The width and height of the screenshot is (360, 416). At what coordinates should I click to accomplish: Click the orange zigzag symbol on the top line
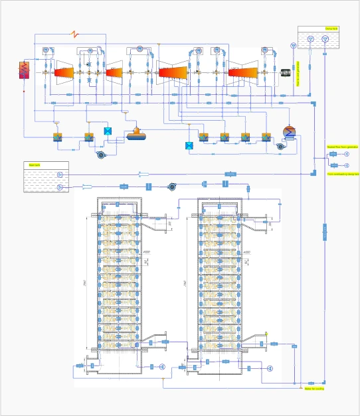click(76, 33)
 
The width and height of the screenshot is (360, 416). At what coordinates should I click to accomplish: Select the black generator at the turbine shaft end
click(286, 71)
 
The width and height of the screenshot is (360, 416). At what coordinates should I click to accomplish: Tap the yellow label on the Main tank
click(31, 164)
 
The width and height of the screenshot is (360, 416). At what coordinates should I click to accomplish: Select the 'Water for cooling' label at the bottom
click(314, 389)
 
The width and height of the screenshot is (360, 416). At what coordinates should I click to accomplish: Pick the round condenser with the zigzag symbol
click(288, 131)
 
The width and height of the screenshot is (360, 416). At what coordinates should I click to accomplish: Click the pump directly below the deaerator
click(102, 155)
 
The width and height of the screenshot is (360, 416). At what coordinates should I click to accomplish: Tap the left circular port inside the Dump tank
click(307, 39)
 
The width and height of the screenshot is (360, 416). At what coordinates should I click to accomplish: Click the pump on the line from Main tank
click(173, 186)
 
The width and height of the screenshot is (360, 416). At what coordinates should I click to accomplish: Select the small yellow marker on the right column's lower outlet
click(266, 334)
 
